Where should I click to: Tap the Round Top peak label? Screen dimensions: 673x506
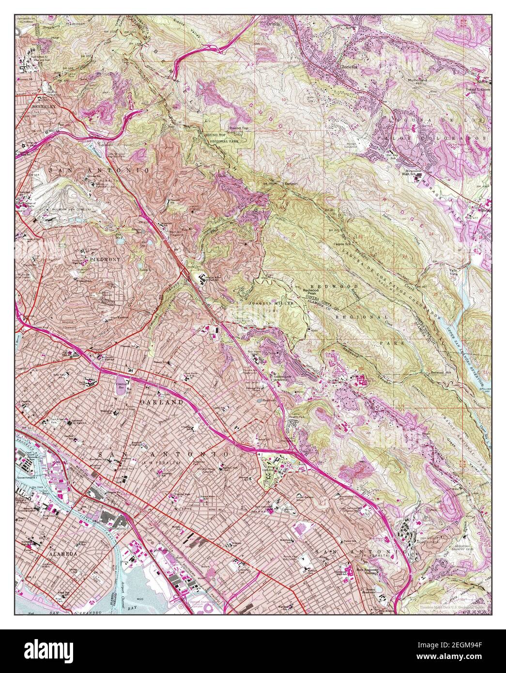coord(238,128)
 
